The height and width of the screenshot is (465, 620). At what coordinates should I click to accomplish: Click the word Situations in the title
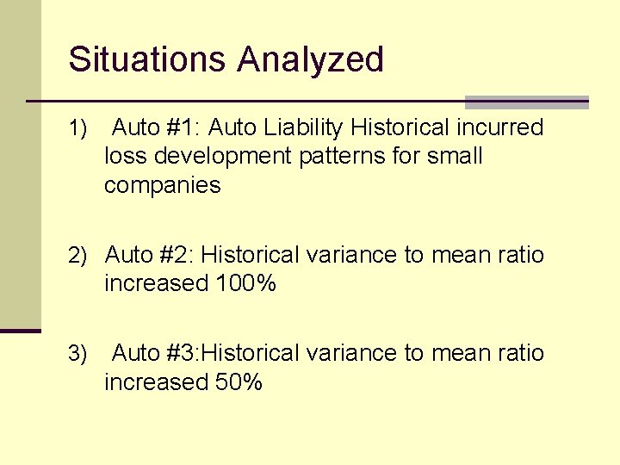click(x=148, y=59)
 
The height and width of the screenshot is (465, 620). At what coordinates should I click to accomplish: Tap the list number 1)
click(x=78, y=129)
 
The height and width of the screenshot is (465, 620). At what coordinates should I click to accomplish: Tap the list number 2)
click(x=78, y=256)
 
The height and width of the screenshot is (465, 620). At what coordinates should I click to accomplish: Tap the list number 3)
click(x=78, y=354)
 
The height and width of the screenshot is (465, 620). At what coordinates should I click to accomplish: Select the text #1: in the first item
click(x=181, y=128)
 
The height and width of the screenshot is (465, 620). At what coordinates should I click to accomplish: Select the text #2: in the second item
click(x=177, y=255)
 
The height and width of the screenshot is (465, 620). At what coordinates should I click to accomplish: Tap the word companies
click(x=162, y=185)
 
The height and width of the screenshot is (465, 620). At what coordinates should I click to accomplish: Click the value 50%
click(x=239, y=381)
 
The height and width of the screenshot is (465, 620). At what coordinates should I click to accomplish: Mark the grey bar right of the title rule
click(x=526, y=102)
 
